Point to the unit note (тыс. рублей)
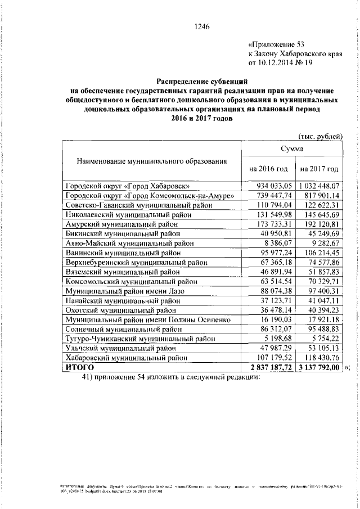(319, 136)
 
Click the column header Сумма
(292, 149)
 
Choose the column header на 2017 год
(319, 169)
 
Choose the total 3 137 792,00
(319, 367)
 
